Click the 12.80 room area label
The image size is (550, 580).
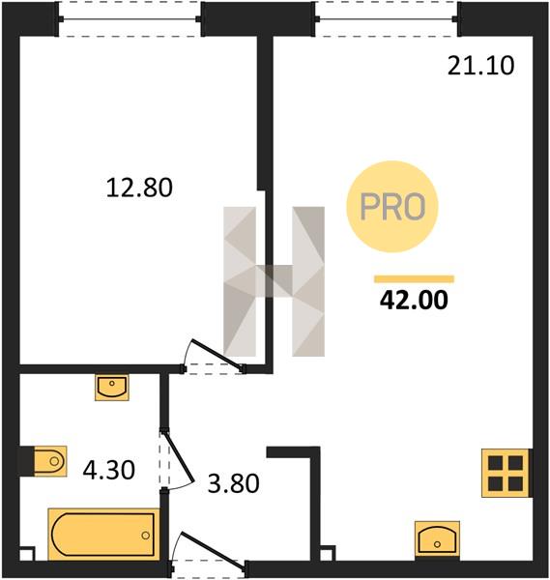[139, 188]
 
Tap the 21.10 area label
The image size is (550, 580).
[480, 66]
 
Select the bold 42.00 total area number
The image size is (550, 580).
[414, 300]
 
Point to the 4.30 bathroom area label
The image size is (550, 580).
[108, 471]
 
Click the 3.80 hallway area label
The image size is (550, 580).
[233, 483]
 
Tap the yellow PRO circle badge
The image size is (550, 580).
[392, 207]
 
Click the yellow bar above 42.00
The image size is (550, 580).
[414, 279]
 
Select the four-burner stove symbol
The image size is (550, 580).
[506, 473]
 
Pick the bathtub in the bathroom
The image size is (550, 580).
[103, 535]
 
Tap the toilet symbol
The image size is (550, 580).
[50, 461]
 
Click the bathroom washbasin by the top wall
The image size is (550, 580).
[112, 387]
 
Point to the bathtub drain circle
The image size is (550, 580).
[145, 536]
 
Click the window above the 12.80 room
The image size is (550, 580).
[130, 19]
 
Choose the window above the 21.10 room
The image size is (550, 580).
[387, 19]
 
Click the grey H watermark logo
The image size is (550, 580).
[275, 281]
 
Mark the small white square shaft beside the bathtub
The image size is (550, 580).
[27, 553]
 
